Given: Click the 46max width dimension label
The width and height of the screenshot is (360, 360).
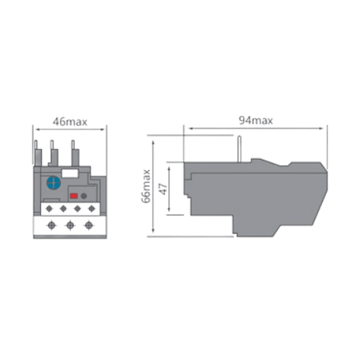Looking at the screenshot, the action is tap(70, 122).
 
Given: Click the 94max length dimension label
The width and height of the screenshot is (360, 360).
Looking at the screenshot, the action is tap(256, 120).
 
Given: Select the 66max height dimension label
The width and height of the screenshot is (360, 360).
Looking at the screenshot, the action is tap(146, 186).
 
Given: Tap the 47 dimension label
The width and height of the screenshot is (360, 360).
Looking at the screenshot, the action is tap(163, 189).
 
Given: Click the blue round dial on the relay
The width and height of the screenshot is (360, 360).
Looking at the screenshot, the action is tap(54, 183).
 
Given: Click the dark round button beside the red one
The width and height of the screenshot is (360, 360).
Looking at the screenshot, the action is tap(84, 196).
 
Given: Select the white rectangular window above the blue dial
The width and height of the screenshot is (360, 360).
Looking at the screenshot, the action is tap(70, 173).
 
